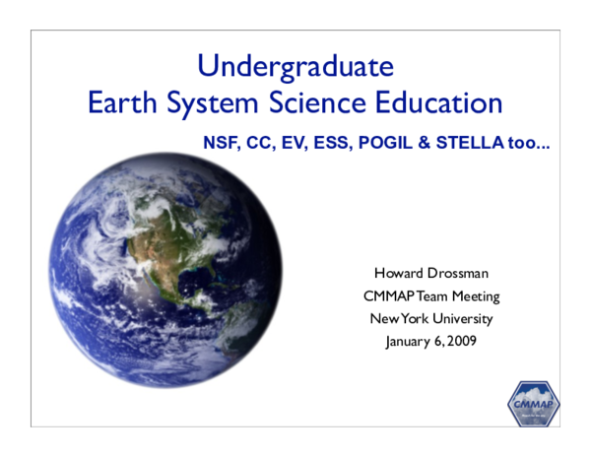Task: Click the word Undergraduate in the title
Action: coord(295,67)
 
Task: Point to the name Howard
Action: coord(399,273)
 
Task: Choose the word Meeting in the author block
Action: coord(472,295)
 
